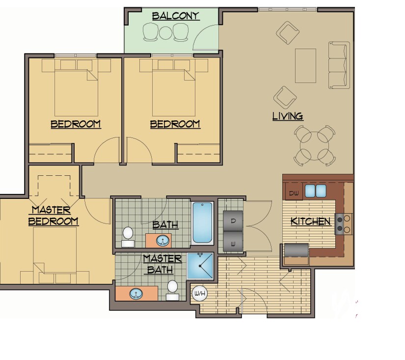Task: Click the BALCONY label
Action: coord(175,16)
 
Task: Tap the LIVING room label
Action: coord(288,116)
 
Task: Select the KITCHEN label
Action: coord(310,222)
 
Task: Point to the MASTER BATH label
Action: coord(162,264)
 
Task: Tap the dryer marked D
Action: coord(233,221)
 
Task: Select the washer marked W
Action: coord(233,243)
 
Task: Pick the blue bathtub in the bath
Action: coord(203,223)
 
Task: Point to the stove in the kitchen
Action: coord(343,223)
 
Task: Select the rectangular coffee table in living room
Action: coord(305,65)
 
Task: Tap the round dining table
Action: coord(314,145)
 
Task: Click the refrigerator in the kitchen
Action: coord(296,251)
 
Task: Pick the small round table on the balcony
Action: coord(166,32)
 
